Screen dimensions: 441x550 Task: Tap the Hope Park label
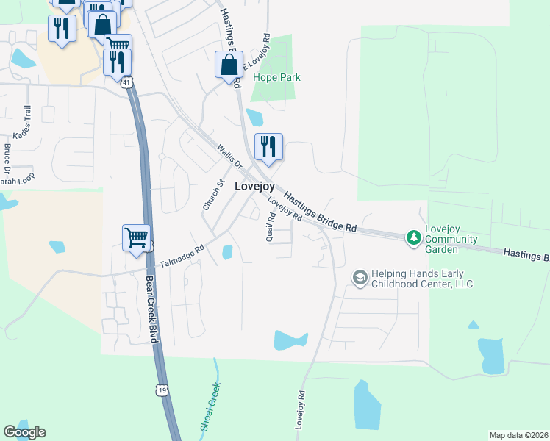(x=276, y=77)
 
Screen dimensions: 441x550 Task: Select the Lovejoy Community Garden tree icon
(x=414, y=237)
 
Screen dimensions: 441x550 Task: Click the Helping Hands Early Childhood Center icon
(x=360, y=276)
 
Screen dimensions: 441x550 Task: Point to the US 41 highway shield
(x=127, y=84)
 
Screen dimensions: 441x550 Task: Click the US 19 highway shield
(x=161, y=390)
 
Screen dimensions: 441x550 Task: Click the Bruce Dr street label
(x=7, y=157)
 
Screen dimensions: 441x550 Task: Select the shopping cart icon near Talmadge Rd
(x=137, y=238)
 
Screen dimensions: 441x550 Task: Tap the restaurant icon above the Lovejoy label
(x=269, y=146)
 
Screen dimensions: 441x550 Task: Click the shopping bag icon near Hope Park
(x=229, y=64)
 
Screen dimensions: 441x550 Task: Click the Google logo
(x=24, y=432)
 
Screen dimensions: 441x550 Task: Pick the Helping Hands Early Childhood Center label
(x=422, y=279)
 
